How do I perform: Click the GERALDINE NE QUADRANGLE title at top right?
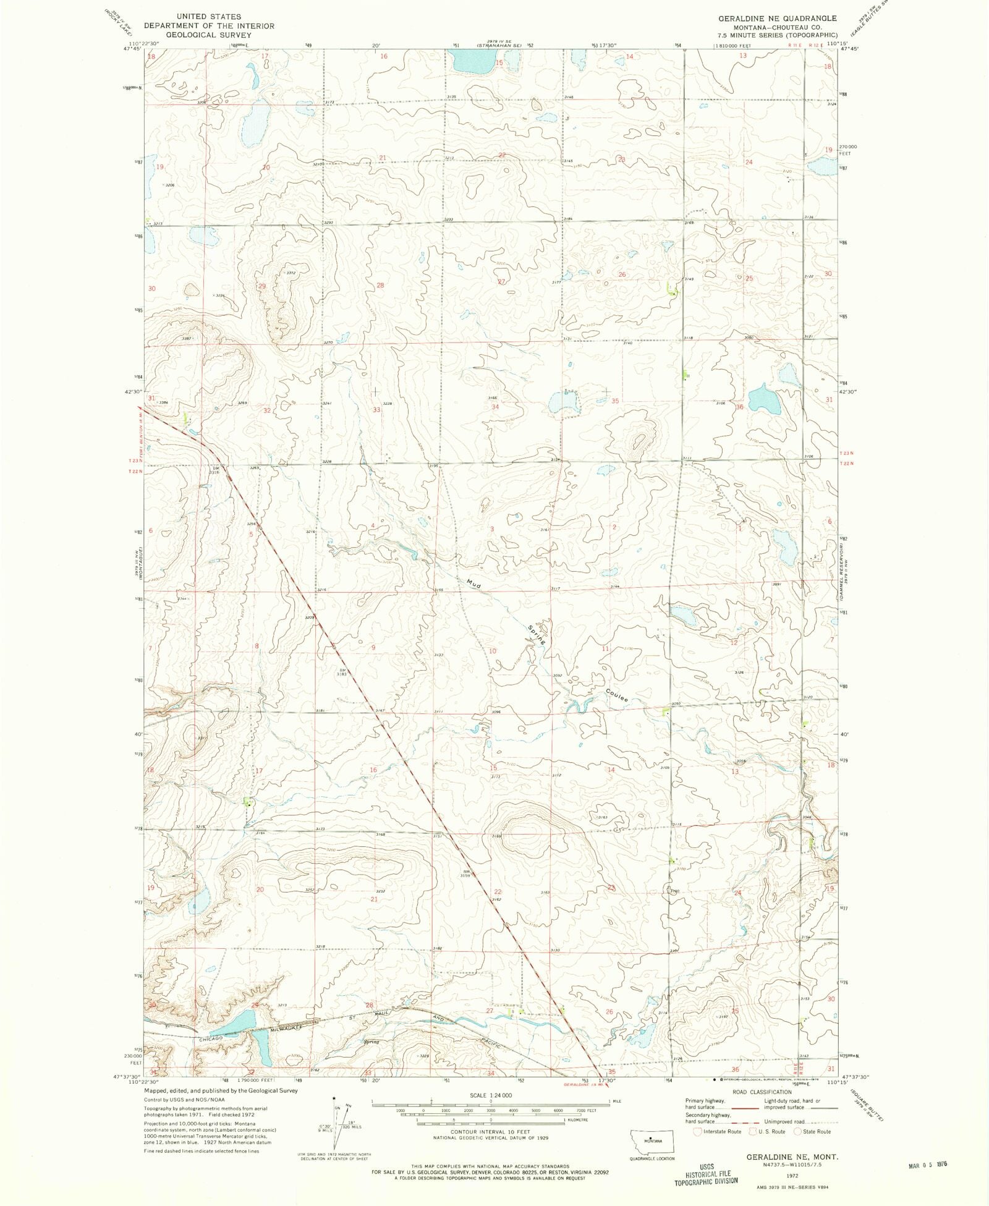click(x=778, y=19)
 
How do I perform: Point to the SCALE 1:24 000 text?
click(x=491, y=1095)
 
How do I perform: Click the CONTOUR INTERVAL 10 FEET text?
click(x=491, y=1132)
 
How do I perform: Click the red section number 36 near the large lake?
click(x=739, y=407)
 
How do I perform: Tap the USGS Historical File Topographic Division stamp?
click(x=711, y=1173)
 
